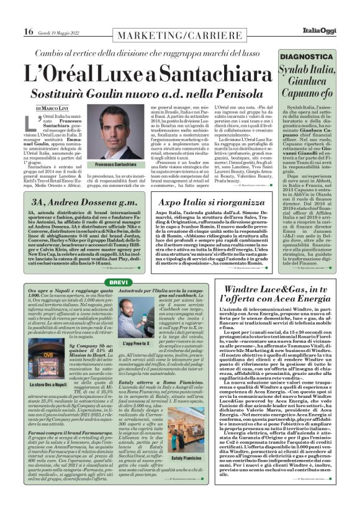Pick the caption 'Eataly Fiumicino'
click(x=187, y=457)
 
